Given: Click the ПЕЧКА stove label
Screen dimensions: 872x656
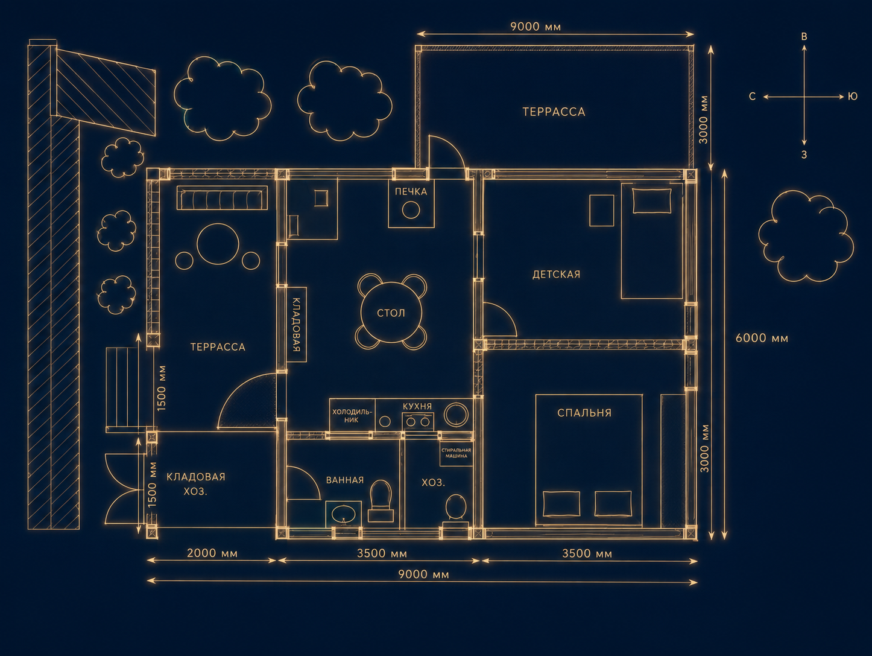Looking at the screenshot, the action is pos(411,192).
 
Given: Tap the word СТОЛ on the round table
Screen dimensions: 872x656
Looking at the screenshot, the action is pos(391,313).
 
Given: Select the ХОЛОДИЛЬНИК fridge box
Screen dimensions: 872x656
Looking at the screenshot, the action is pos(352,415).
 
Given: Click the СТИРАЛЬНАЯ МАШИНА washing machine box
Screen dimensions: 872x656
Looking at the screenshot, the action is pos(456,453).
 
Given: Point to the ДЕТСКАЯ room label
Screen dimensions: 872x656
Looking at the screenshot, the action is pos(556,275).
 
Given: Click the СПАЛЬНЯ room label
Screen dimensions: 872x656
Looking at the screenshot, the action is pos(584,413).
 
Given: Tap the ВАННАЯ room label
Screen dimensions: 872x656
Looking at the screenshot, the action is pos(345,480).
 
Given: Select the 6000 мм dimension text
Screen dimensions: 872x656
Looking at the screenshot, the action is pos(762,339).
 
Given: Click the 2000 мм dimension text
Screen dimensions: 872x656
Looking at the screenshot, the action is pos(212,553).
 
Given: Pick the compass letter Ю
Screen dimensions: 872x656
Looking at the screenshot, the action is pos(853,97).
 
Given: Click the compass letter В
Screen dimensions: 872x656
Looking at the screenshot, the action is pos(804,37).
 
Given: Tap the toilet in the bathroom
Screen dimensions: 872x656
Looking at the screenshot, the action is pos(381,500).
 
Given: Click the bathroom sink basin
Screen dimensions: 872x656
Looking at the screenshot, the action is pos(343,513).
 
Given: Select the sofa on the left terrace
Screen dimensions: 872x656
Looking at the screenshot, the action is pos(223,197).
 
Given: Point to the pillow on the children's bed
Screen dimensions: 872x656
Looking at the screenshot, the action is pos(652,200).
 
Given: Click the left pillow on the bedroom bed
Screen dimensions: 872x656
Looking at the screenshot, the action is pos(561,504).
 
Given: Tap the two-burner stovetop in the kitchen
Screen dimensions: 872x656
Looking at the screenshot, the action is pos(417,421).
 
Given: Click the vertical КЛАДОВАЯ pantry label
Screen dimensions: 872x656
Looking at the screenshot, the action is pos(296,325).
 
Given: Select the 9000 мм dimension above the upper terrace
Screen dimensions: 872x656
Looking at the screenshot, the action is pos(536,27).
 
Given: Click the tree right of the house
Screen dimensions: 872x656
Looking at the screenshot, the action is pos(806,235).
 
